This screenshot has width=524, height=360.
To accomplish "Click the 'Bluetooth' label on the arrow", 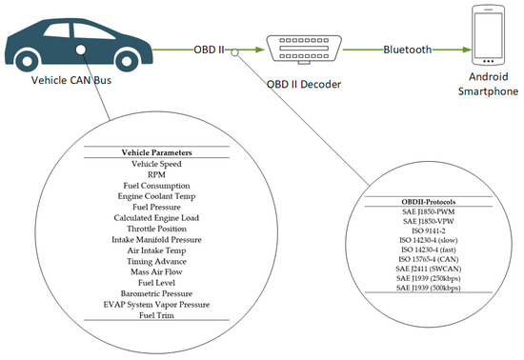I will pos(408,48).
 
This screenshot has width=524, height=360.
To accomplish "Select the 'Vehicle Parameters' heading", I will pos(157,152).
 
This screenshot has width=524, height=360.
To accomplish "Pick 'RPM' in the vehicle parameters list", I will pos(157,175).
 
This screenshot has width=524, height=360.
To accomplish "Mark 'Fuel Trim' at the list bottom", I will pos(157,316).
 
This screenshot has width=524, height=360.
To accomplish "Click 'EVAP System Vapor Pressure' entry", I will pos(157,305).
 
